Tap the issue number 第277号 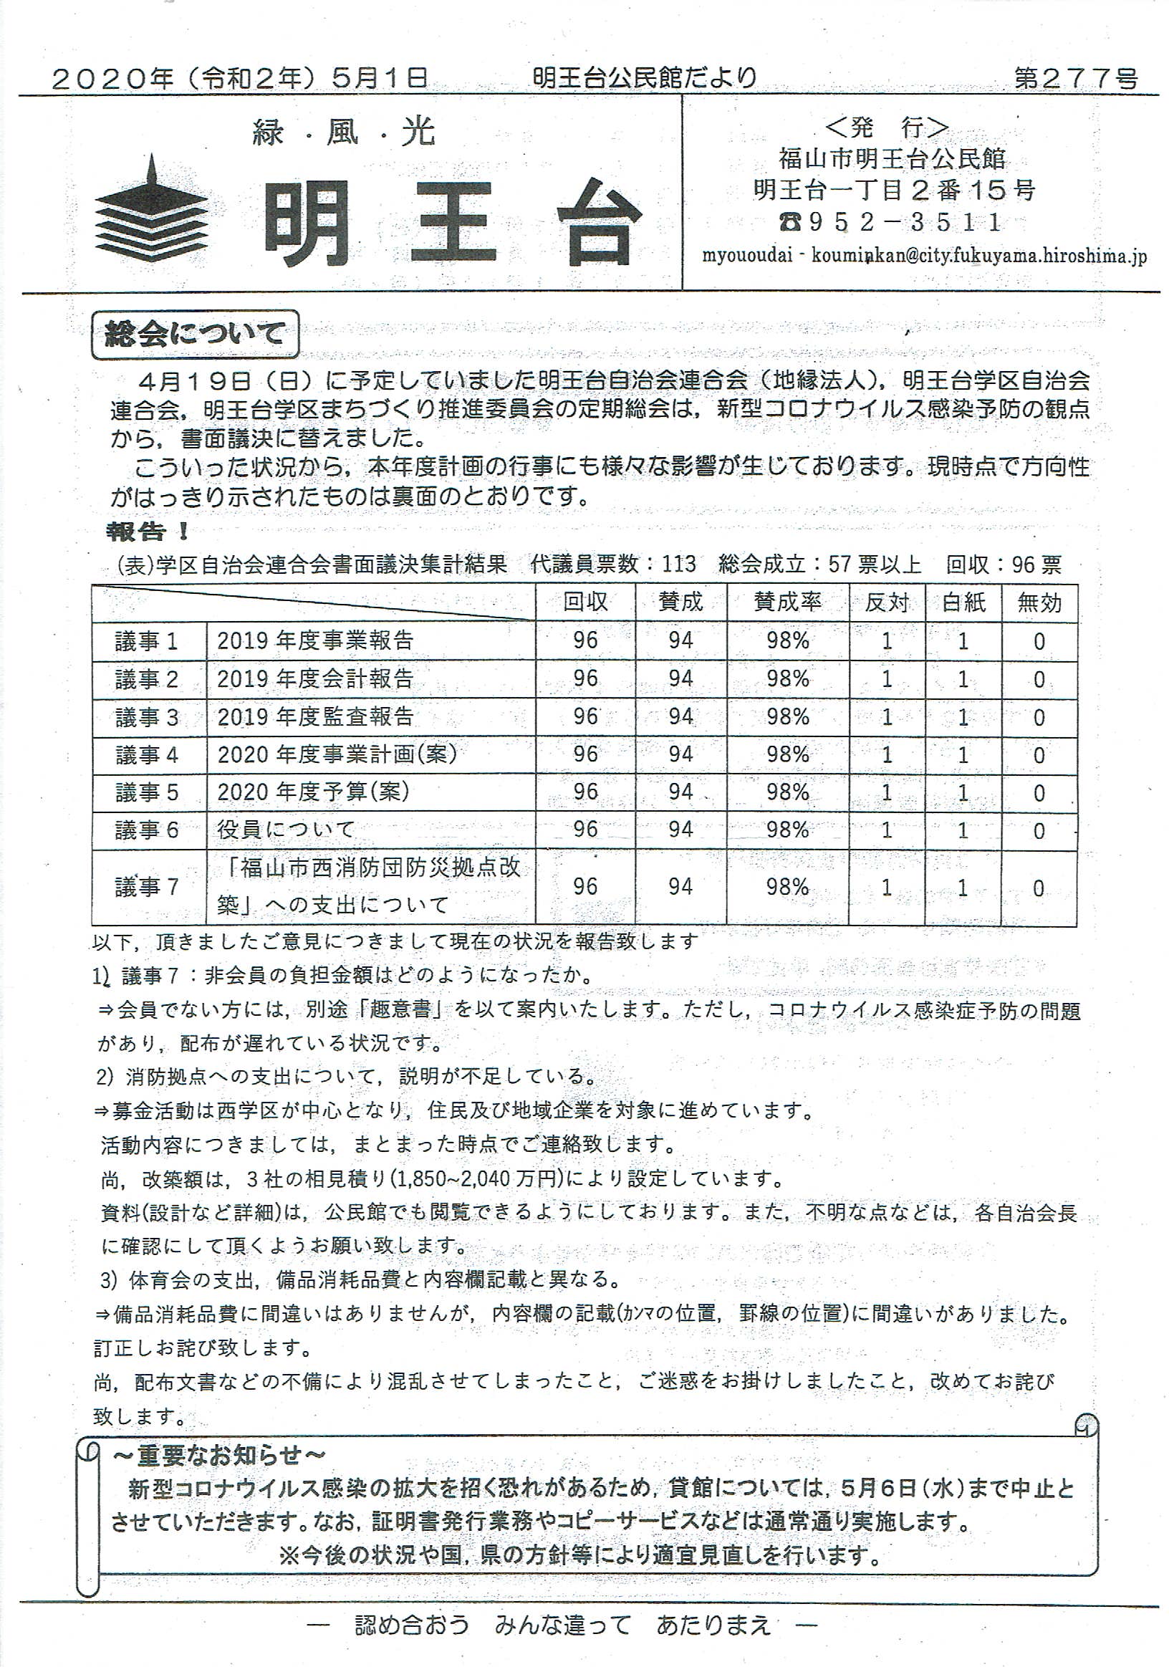coord(1075,78)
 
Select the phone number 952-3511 coord(894,222)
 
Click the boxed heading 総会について coord(195,335)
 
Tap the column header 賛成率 coord(787,602)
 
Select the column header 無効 coord(1039,602)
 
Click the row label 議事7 coord(147,886)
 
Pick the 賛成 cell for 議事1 coord(680,640)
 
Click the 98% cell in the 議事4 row coord(788,754)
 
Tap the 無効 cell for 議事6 coord(1039,830)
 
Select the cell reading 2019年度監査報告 coord(315,716)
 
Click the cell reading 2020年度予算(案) coord(313,792)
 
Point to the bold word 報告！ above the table coord(148,532)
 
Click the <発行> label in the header coord(887,128)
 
